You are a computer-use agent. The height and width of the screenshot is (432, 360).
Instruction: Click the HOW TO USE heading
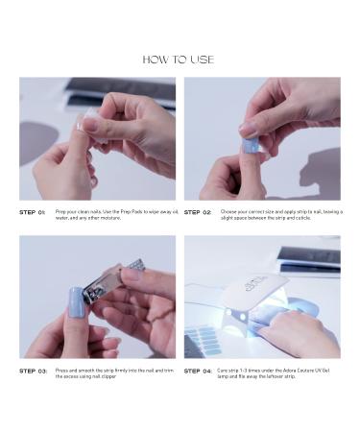(179, 60)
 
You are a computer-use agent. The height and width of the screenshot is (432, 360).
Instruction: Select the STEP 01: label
(33, 212)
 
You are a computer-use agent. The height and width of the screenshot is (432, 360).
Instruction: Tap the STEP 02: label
(198, 212)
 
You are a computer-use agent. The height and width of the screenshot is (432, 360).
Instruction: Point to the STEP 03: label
(33, 370)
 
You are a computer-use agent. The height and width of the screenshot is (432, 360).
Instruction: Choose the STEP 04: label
(198, 370)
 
